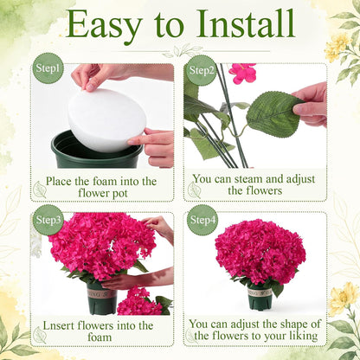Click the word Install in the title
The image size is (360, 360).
(x=246, y=23)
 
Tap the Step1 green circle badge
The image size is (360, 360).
(x=48, y=68)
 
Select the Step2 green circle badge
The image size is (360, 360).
(x=201, y=70)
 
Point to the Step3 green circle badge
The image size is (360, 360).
(x=48, y=220)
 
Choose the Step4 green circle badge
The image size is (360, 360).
(x=202, y=220)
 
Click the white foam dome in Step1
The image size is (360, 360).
(x=106, y=120)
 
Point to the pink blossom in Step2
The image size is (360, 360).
(x=243, y=73)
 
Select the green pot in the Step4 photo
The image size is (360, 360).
(x=260, y=298)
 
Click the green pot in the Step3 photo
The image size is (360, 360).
(x=102, y=299)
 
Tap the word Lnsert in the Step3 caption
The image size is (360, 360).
(x=59, y=326)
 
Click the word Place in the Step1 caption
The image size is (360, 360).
(x=59, y=182)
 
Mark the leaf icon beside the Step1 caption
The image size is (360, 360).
(x=39, y=190)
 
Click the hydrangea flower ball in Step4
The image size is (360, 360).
(x=260, y=252)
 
